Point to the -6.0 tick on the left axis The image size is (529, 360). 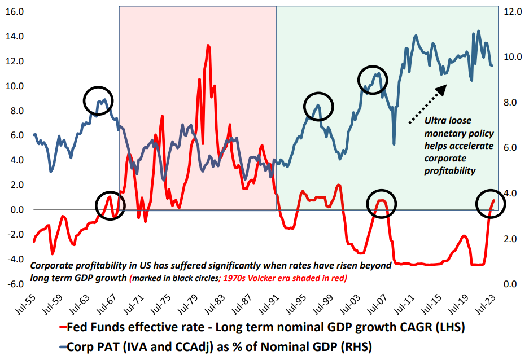pyautogui.click(x=14, y=284)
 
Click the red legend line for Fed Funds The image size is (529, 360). pyautogui.click(x=61, y=327)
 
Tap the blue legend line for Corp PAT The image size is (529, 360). pyautogui.click(x=61, y=346)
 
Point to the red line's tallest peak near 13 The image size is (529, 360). pyautogui.click(x=208, y=46)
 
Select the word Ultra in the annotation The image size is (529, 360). pyautogui.click(x=435, y=120)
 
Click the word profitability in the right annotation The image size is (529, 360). pyautogui.click(x=450, y=170)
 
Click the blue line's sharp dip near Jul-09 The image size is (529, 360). pyautogui.click(x=394, y=144)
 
